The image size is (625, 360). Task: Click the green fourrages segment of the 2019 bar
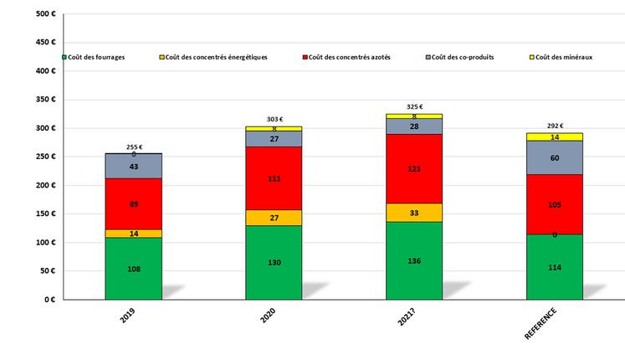pos(133,268)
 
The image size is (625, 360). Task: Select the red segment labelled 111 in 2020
pos(274,178)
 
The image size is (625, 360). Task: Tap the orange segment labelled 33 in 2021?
pos(413,213)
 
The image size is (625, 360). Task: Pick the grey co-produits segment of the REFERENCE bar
pos(554,157)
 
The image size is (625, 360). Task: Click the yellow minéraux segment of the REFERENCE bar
pos(554,136)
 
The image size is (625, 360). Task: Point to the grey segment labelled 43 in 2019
pos(133,166)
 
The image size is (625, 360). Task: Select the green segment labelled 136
pos(413,260)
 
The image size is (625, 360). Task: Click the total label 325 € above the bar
pos(414,107)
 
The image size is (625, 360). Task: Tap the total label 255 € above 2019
pos(134,147)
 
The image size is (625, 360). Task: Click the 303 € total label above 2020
pos(274,120)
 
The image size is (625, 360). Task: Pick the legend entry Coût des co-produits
pos(464,57)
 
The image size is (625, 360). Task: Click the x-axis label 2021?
pos(403,319)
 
